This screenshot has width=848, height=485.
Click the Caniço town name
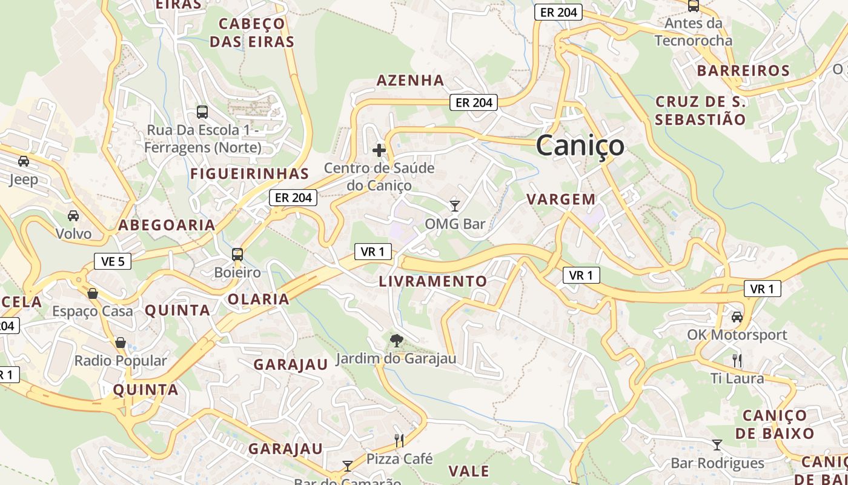click(580, 145)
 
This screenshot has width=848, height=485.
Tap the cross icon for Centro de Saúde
click(379, 150)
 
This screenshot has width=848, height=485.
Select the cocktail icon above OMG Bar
click(455, 206)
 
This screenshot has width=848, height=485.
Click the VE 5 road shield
click(113, 261)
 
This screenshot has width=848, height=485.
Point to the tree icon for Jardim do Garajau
click(397, 341)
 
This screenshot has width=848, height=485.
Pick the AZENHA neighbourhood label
click(410, 80)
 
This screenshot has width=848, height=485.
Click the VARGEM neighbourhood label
click(561, 199)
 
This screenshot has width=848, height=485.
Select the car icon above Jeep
click(24, 161)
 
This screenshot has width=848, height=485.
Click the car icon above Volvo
click(73, 216)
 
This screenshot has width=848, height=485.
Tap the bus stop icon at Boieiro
click(237, 255)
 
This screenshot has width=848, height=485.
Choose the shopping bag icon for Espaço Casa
click(93, 293)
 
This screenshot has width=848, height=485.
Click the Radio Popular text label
click(120, 361)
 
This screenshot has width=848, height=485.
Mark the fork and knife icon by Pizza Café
click(399, 440)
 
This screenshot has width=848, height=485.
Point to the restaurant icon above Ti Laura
click(737, 360)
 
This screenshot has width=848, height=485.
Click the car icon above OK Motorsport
click(737, 316)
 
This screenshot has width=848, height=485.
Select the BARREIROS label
click(743, 70)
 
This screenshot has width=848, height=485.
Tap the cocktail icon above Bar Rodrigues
click(717, 445)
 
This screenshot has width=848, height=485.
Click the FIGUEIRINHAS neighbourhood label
click(250, 174)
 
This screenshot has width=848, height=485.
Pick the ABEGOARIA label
click(167, 225)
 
